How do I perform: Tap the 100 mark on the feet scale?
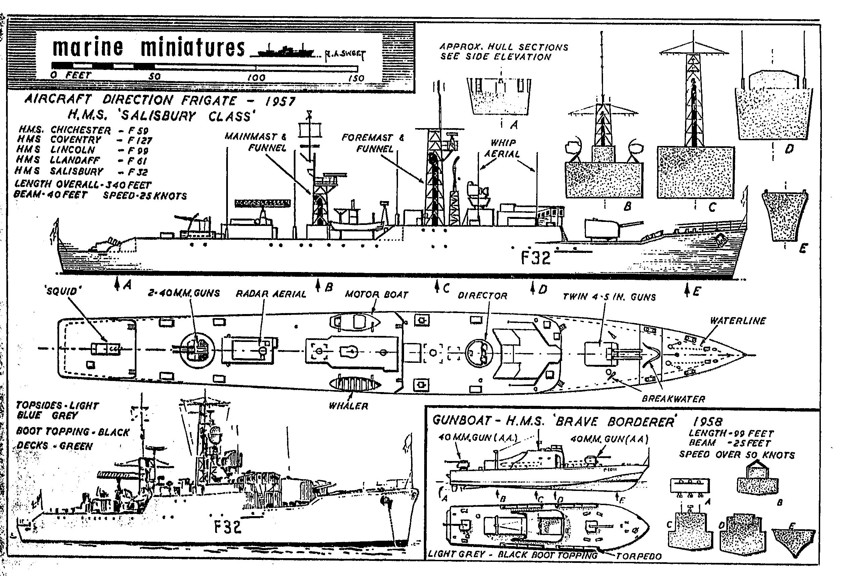pyautogui.click(x=256, y=77)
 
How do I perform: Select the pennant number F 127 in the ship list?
pyautogui.click(x=140, y=141)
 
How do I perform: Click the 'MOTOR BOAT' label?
pyautogui.click(x=376, y=294)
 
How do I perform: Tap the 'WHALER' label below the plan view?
pyautogui.click(x=348, y=406)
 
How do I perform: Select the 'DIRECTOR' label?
pyautogui.click(x=482, y=296)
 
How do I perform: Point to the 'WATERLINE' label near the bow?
pyautogui.click(x=737, y=321)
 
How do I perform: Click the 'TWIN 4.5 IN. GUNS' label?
pyautogui.click(x=609, y=297)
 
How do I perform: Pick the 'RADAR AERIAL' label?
pyautogui.click(x=271, y=294)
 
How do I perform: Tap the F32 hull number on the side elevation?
pyautogui.click(x=535, y=258)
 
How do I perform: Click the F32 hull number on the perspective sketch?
pyautogui.click(x=228, y=527)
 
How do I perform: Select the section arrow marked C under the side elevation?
pyautogui.click(x=438, y=288)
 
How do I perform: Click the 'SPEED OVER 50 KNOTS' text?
pyautogui.click(x=737, y=455)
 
